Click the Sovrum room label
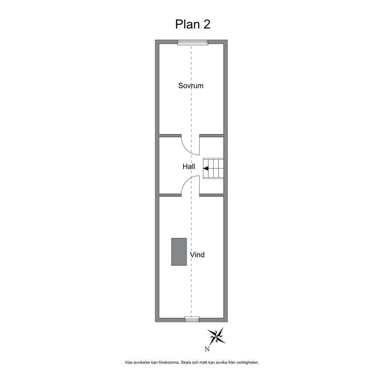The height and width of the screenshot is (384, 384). [x=191, y=86]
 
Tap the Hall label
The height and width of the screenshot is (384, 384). [x=189, y=167]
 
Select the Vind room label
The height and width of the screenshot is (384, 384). [x=197, y=255]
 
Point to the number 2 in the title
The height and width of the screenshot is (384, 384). [x=207, y=24]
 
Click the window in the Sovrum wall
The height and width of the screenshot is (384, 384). [x=193, y=42]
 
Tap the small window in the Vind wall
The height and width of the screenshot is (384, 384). [x=192, y=319]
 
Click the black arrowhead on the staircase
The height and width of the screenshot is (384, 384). [x=206, y=168]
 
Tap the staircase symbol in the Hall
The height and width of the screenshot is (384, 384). [x=213, y=168]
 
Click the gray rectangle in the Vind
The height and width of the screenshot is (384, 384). [x=179, y=252]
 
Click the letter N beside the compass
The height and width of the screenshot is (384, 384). [x=207, y=349]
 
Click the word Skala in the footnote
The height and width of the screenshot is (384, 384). [x=185, y=362]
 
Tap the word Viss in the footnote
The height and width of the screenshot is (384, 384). [x=129, y=362]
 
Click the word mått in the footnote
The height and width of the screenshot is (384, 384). [x=203, y=362]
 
